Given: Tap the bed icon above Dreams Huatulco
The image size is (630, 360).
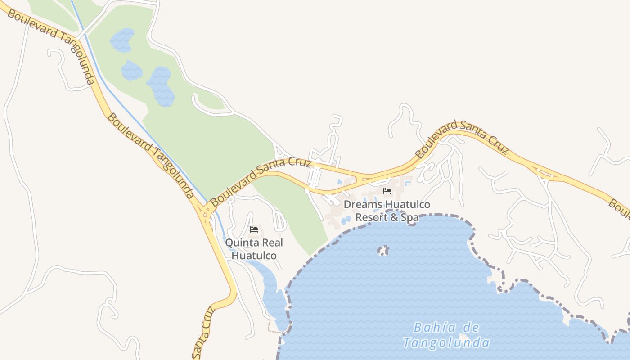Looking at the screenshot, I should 387,192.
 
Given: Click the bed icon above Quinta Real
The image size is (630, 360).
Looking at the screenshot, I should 254,229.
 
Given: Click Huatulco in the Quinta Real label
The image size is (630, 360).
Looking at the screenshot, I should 254,256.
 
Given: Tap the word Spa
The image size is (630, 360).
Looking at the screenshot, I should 409,217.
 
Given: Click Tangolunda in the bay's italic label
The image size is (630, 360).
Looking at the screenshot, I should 446,343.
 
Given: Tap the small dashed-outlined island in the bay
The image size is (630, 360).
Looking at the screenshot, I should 383,250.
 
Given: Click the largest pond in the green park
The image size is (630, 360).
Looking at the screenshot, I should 161,86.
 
